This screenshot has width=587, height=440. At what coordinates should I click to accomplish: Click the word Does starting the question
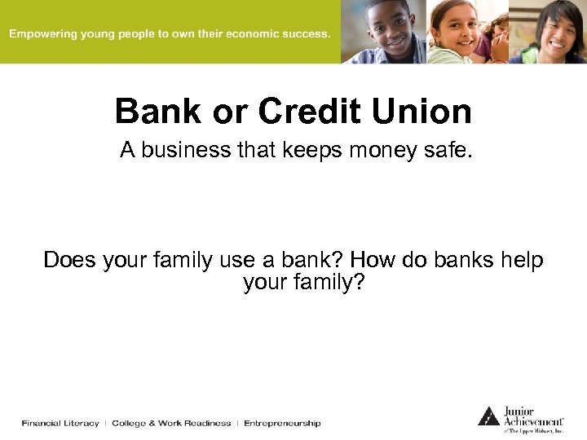pyautogui.click(x=69, y=260)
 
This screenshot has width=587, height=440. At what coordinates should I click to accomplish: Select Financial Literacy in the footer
pyautogui.click(x=60, y=423)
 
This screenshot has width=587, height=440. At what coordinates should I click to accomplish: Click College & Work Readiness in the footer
pyautogui.click(x=171, y=423)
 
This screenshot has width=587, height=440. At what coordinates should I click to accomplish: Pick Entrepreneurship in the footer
pyautogui.click(x=282, y=423)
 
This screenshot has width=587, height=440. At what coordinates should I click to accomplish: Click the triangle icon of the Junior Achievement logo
pyautogui.click(x=488, y=416)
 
